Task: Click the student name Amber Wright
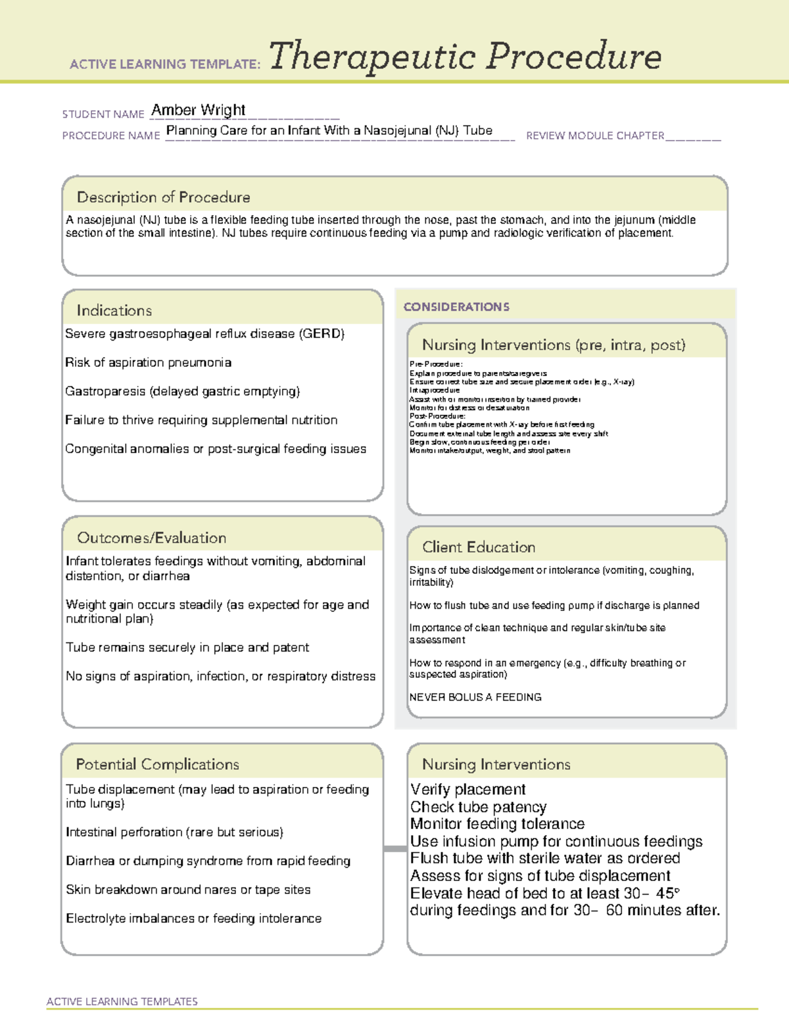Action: [198, 110]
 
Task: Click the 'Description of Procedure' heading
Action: [163, 197]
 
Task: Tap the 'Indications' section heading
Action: [114, 310]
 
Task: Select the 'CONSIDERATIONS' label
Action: [456, 307]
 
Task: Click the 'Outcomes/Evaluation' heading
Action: [151, 538]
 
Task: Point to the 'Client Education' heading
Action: [479, 547]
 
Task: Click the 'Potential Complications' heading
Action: [157, 764]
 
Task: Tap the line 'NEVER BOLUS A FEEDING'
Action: [475, 697]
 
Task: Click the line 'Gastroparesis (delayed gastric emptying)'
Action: [182, 391]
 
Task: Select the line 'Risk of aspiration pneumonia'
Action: [148, 362]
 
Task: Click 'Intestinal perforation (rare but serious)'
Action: [174, 832]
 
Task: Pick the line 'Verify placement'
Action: [467, 790]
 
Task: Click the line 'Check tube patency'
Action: [478, 807]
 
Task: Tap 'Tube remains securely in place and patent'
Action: [187, 648]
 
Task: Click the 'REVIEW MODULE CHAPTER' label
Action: [595, 135]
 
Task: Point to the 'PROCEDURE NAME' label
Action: [111, 135]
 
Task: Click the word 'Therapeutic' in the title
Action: [372, 57]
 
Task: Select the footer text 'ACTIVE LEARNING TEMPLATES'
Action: [122, 1001]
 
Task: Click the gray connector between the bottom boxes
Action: [395, 849]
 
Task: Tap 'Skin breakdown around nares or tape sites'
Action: [188, 890]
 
